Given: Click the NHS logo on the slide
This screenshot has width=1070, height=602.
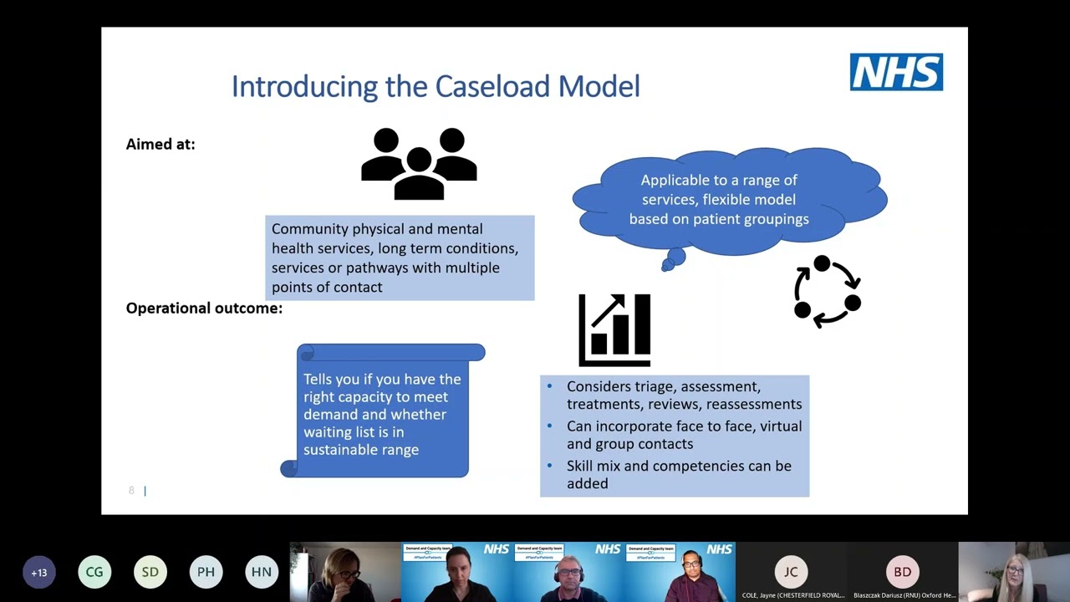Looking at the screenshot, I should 896,72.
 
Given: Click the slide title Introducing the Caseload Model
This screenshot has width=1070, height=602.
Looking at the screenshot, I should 436,86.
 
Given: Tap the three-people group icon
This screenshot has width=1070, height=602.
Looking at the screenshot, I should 419,164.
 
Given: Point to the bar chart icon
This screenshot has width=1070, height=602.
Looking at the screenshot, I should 614,330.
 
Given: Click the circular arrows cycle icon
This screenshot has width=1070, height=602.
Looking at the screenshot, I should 827,292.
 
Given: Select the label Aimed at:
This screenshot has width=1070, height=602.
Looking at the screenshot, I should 160,144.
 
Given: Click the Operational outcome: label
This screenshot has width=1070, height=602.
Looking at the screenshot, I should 204,309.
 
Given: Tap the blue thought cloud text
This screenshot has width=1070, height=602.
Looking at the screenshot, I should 719,199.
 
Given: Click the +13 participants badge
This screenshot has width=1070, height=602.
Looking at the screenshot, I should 39,573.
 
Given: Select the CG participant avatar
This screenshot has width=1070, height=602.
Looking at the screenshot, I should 94,573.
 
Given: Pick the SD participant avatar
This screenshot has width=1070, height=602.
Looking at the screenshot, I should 150,573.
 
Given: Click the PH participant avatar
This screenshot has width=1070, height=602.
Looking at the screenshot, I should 206,573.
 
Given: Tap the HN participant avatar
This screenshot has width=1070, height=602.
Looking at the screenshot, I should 262,573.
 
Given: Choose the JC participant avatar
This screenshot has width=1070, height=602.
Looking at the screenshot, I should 791,572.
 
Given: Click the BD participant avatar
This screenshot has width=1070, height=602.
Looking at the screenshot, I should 903,572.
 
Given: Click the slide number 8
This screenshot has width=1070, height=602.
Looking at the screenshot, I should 131,491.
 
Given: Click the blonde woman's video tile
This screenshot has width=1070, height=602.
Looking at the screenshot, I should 1014,572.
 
